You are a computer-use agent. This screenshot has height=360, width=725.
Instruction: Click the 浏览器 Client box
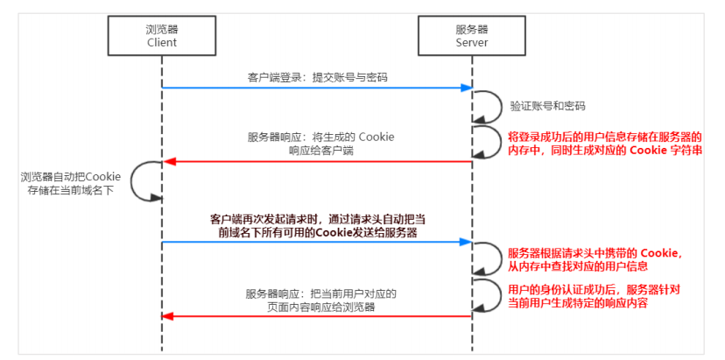point(161,35)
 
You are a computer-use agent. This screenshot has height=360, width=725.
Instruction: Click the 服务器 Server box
point(472,35)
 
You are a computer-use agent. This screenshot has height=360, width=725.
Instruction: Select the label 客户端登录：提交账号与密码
point(317,77)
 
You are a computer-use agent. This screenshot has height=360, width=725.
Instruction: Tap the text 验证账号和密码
point(548,106)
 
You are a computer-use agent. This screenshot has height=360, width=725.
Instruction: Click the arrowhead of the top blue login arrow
point(467,88)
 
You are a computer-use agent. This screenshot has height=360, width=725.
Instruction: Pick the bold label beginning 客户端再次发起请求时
point(318,226)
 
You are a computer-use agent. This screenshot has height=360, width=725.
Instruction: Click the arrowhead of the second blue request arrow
point(467,242)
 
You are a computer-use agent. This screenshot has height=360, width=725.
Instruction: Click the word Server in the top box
point(472,42)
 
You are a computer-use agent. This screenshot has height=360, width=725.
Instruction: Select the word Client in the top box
point(161,42)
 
